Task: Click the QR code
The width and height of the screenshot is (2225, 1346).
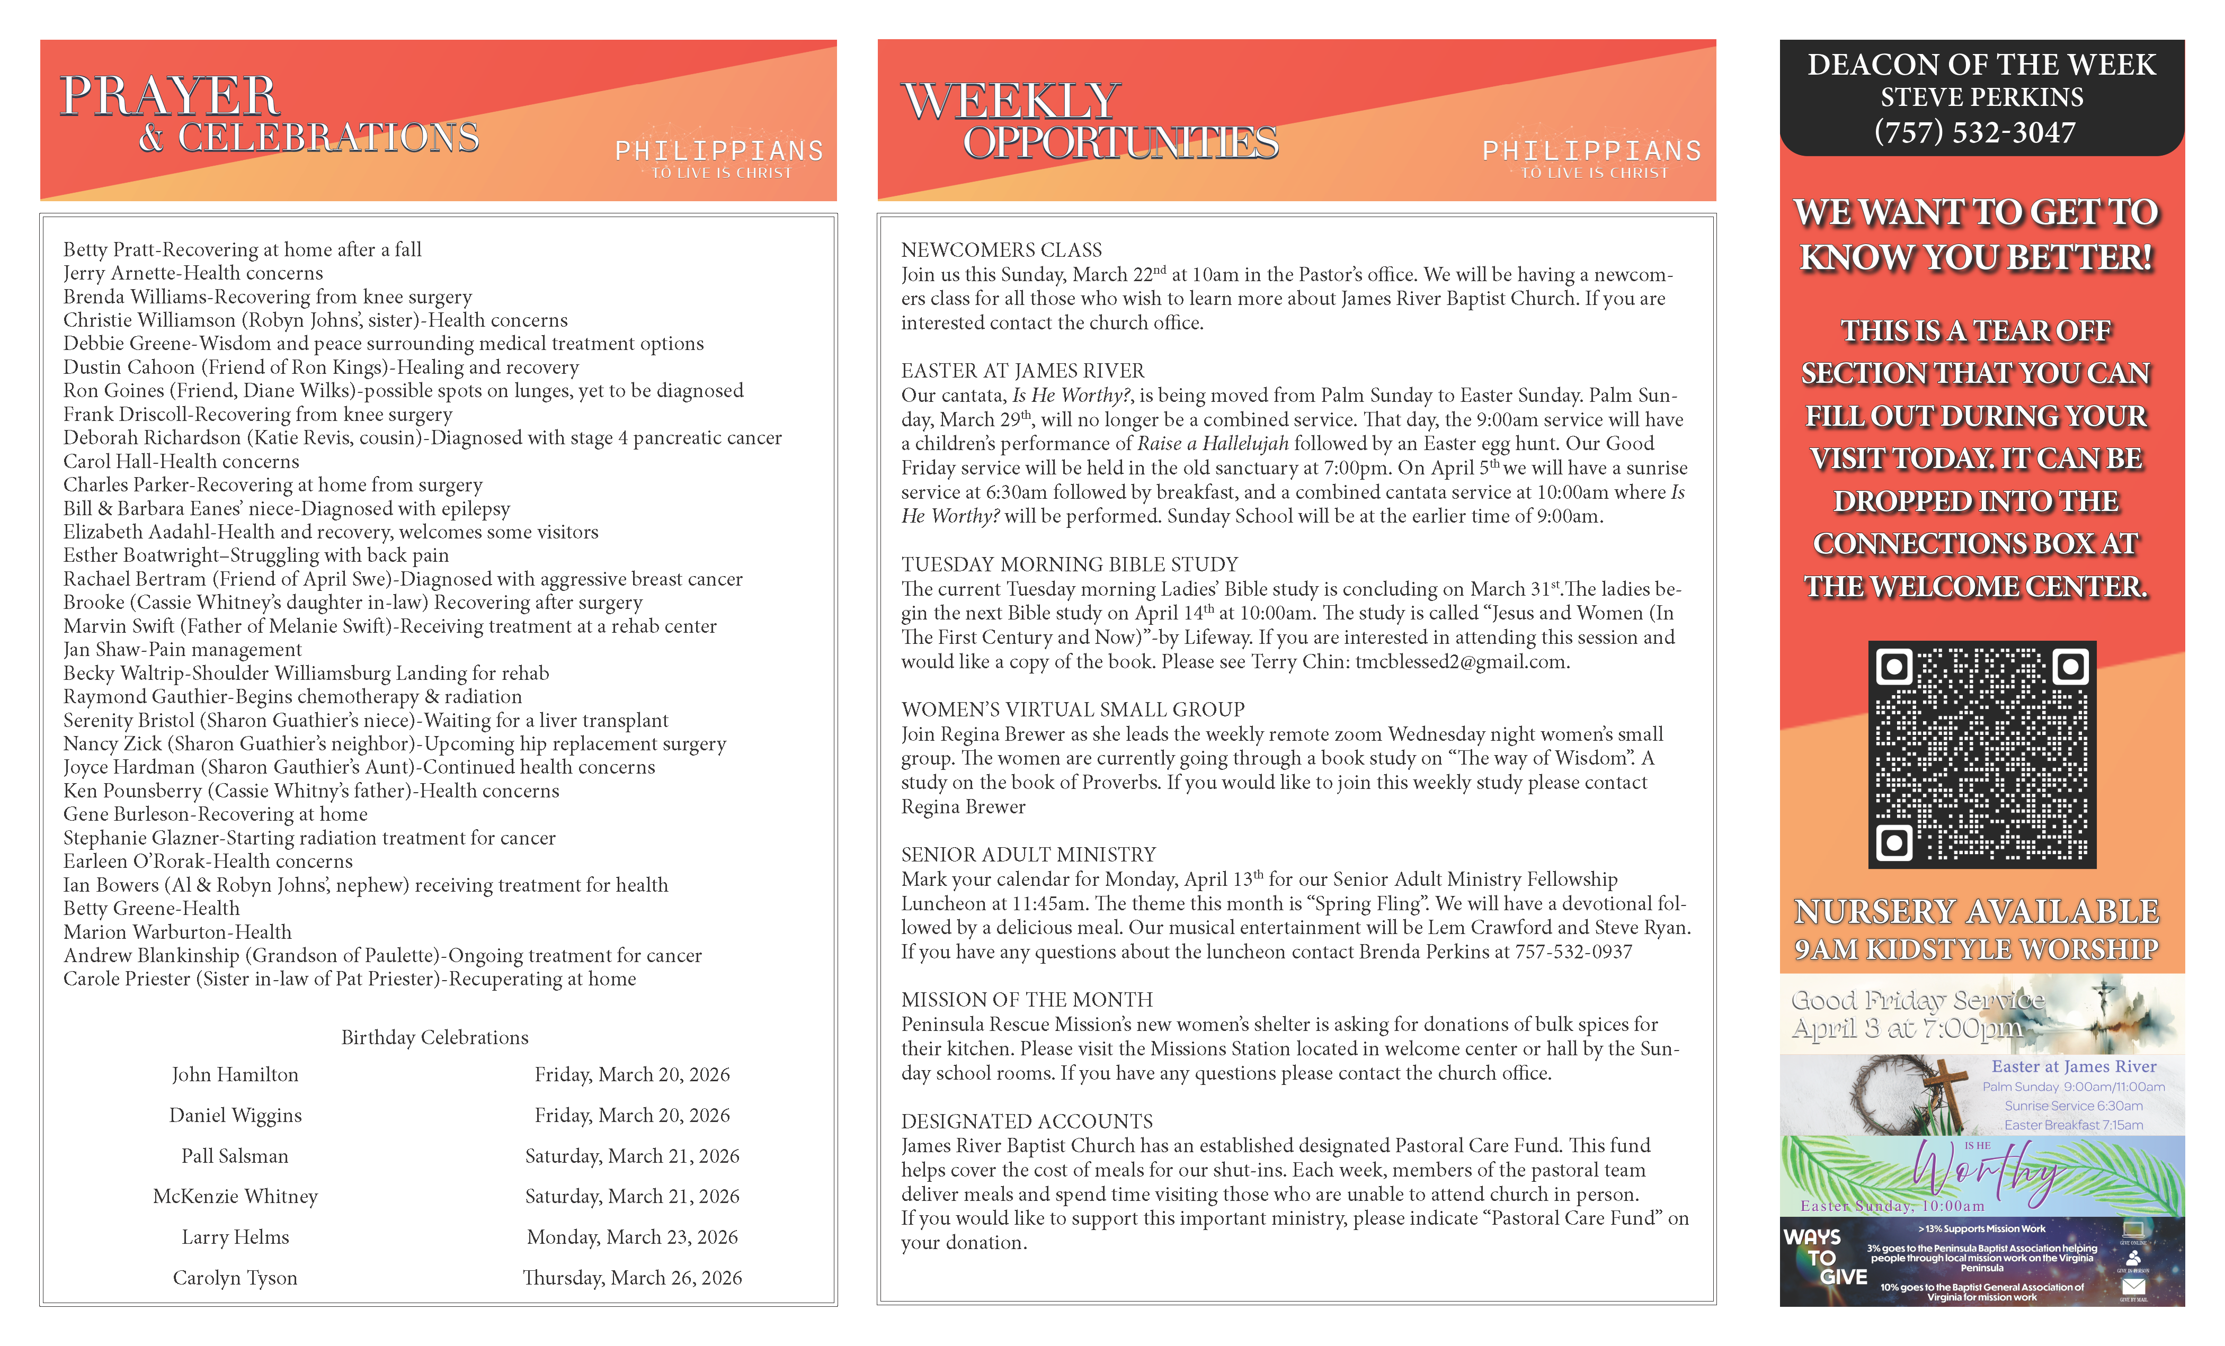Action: coord(1981,754)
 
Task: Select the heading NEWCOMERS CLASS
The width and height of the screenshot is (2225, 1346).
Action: coord(1001,250)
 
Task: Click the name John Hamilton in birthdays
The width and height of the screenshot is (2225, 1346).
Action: coord(235,1074)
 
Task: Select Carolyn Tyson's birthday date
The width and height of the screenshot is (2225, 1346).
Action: coord(632,1277)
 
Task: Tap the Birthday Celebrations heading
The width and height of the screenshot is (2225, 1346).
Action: coord(434,1037)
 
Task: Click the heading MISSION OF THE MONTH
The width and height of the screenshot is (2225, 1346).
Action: coord(1027,999)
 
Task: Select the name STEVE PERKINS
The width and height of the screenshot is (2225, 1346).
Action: coord(1981,97)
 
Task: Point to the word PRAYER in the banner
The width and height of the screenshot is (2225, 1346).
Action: coord(170,96)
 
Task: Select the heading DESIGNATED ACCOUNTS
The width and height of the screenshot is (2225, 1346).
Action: coord(1027,1121)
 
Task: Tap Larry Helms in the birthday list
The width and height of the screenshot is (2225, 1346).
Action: coord(235,1237)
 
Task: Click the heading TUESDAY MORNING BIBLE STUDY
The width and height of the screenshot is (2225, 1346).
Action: coord(1069,564)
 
